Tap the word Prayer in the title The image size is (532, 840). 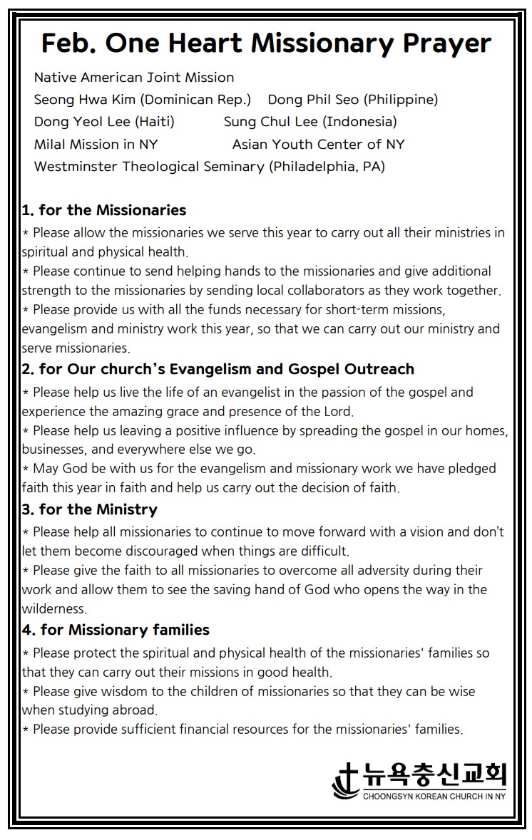pyautogui.click(x=446, y=43)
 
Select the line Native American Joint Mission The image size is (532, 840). pyautogui.click(x=134, y=77)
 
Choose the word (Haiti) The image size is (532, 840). pyautogui.click(x=155, y=121)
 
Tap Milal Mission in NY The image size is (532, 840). pyautogui.click(x=96, y=144)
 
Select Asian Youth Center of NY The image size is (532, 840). pyautogui.click(x=318, y=144)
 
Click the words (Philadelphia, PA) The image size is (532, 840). pyautogui.click(x=327, y=167)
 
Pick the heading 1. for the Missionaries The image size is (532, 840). pyautogui.click(x=104, y=210)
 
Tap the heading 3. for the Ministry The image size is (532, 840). pyautogui.click(x=90, y=509)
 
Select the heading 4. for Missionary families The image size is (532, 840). pyautogui.click(x=116, y=630)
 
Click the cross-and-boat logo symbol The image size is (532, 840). pyautogui.click(x=346, y=782)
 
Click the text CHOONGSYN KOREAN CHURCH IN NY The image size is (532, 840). pyautogui.click(x=434, y=796)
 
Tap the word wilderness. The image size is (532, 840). pyautogui.click(x=54, y=608)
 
